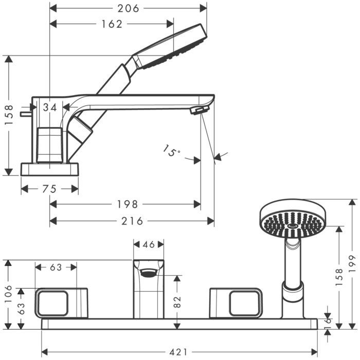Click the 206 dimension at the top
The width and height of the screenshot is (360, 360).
click(129, 9)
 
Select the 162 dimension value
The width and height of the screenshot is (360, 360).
click(112, 24)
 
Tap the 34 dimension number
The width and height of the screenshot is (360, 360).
click(50, 107)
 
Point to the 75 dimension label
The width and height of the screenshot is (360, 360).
click(49, 189)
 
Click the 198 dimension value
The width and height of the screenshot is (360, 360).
click(128, 204)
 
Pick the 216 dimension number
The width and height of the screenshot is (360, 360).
click(132, 221)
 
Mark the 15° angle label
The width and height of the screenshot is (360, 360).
click(172, 151)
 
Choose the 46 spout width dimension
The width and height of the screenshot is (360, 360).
click(149, 244)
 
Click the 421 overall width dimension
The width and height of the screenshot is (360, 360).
click(178, 352)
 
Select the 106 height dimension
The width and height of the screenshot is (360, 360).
click(8, 294)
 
